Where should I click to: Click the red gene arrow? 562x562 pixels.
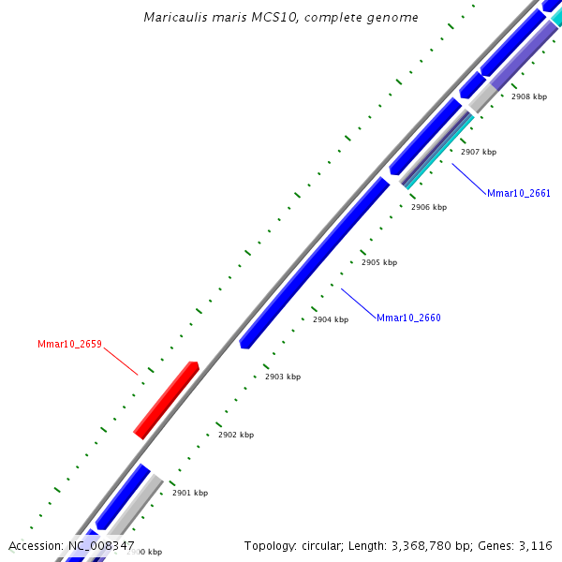167,399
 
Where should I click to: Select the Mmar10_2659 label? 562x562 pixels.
69,345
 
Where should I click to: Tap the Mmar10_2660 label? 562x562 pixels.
408,318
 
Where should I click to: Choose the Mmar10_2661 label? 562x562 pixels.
519,194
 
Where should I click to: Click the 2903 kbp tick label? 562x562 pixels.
283,377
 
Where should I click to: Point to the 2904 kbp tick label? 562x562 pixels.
331,319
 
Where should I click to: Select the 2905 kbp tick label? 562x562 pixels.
379,263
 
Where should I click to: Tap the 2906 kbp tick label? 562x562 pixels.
429,207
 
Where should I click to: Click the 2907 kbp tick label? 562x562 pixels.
479,152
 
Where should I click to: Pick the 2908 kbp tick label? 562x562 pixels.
529,96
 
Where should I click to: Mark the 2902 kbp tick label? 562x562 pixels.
236,435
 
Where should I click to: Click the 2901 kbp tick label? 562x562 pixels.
190,493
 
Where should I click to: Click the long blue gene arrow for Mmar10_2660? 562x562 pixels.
315,262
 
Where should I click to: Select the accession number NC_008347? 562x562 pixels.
101,545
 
